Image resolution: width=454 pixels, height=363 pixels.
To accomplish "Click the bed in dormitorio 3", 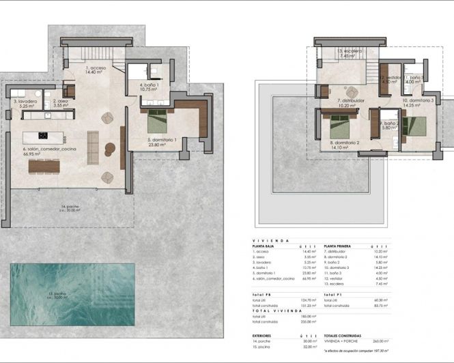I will pos(413,126).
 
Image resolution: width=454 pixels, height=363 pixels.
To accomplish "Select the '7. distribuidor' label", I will pos(352,103).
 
